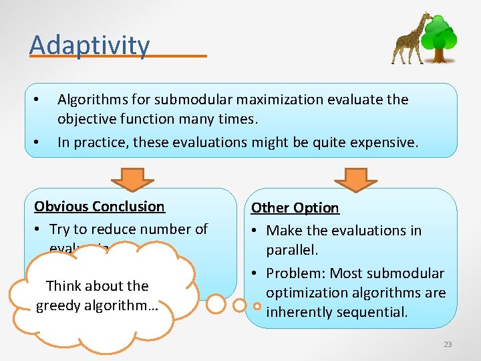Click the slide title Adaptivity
(90, 45)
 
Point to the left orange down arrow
(132, 177)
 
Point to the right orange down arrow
(355, 177)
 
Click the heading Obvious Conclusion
(100, 207)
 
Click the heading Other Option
(295, 208)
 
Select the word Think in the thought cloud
(63, 286)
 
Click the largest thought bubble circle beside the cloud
(216, 304)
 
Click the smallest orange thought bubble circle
(257, 306)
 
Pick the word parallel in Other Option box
(293, 249)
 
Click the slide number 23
(448, 344)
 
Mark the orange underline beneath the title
(118, 56)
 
